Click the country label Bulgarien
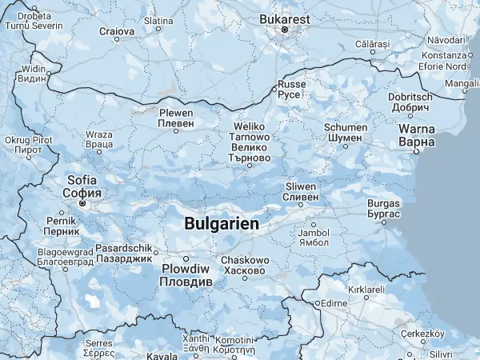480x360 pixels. [x=222, y=224]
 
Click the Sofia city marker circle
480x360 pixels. [x=82, y=203]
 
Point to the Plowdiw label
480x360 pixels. [x=186, y=277]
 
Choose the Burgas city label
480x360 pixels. [x=383, y=209]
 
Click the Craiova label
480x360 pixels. [x=116, y=32]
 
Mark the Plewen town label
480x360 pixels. [x=176, y=118]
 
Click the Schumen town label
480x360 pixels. [x=346, y=132]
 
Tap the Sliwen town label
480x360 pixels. [x=301, y=191]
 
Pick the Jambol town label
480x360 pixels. [x=313, y=238]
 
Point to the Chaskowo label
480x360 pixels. [x=244, y=266]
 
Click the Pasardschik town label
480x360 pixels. [x=123, y=253]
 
